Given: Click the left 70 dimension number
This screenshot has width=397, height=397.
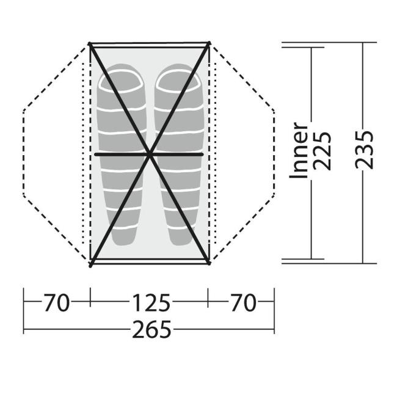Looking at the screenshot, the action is pos(56,302).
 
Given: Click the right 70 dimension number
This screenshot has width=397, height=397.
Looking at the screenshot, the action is pos(243,302).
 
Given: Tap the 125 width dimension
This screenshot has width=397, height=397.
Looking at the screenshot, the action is pos(151,302).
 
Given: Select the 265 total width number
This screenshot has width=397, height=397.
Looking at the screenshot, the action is pos(151,329).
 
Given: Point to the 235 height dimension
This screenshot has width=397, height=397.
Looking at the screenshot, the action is pos(365,150).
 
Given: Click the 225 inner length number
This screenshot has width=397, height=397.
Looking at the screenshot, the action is pos(322,151).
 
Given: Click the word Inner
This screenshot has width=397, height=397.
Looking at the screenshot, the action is pos(299,151).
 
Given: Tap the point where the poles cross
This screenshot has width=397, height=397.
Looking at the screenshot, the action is pos(150,154).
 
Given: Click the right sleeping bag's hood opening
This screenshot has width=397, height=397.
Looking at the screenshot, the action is pos(177,81).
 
